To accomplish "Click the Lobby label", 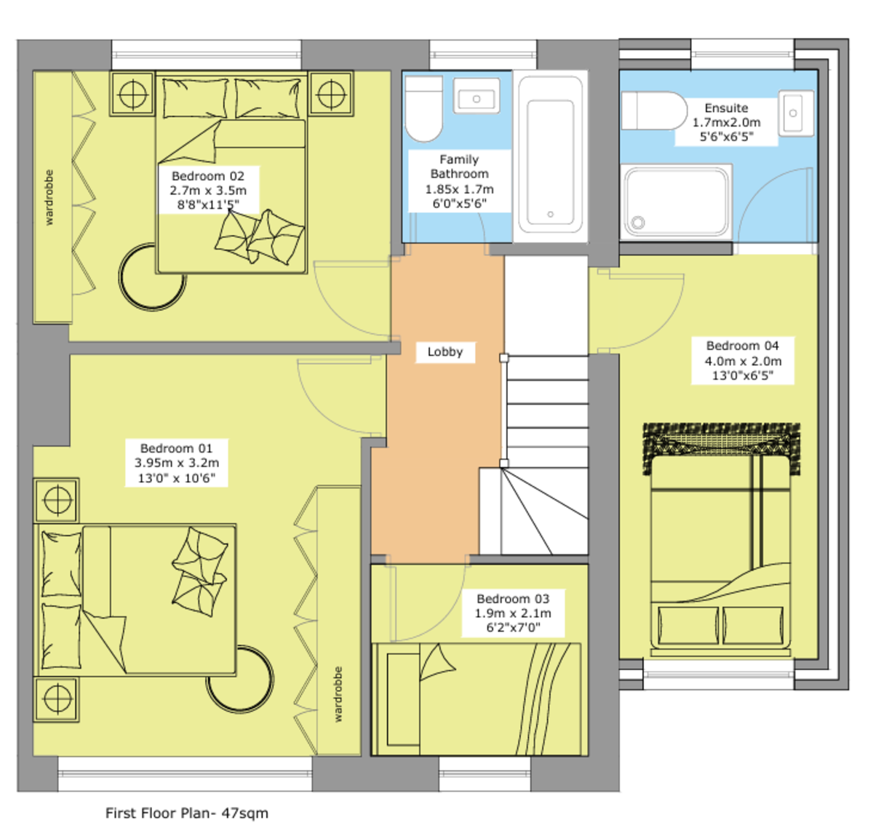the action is pyautogui.click(x=445, y=352).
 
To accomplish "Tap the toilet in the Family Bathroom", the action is pyautogui.click(x=423, y=108).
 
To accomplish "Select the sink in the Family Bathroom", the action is pyautogui.click(x=477, y=95).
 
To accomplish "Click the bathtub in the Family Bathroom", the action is pyautogui.click(x=551, y=154).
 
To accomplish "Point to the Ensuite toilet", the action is pyautogui.click(x=654, y=111).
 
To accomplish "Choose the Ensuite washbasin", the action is pyautogui.click(x=796, y=113).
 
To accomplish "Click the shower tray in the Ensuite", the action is pyautogui.click(x=677, y=202).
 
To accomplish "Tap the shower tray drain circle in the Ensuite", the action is pyautogui.click(x=638, y=222).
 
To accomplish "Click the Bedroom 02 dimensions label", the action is pyautogui.click(x=208, y=197).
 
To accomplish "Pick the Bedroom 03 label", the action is pyautogui.click(x=513, y=613).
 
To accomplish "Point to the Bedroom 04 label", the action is pyautogui.click(x=743, y=360).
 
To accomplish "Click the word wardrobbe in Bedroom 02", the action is pyautogui.click(x=49, y=197).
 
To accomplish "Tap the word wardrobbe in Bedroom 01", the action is pyautogui.click(x=338, y=694).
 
